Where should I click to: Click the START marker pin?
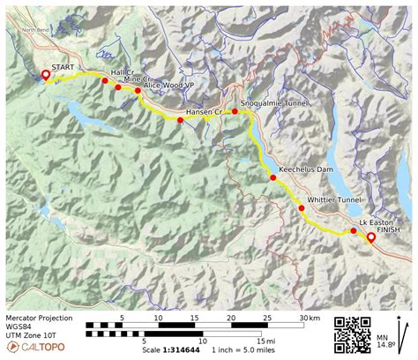(x=46, y=75)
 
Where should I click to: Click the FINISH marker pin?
(x=370, y=237)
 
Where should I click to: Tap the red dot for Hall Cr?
(x=105, y=81)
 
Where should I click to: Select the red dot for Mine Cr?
(x=118, y=87)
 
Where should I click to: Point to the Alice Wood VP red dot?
(x=138, y=91)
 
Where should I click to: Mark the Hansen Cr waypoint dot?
(x=180, y=120)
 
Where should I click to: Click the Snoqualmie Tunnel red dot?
(x=235, y=112)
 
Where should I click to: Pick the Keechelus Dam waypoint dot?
(x=273, y=177)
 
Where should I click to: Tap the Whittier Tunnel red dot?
(x=302, y=208)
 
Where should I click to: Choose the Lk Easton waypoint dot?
(x=354, y=231)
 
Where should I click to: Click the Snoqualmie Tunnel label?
(x=274, y=103)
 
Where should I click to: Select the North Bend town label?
(x=36, y=29)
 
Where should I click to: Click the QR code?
(x=353, y=334)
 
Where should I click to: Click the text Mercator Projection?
(x=39, y=318)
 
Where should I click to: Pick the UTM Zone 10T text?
(x=32, y=335)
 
